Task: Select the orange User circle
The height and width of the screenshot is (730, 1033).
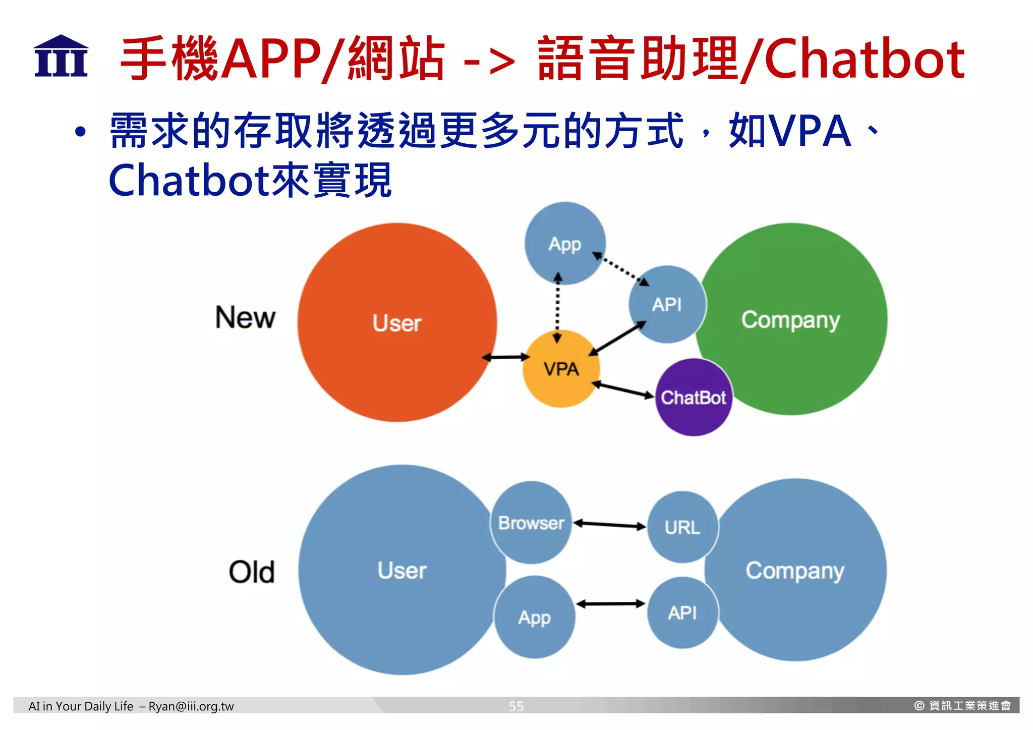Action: coord(397,323)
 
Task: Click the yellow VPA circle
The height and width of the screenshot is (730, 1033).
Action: coord(561,369)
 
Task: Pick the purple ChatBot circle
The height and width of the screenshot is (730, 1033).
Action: coord(693,398)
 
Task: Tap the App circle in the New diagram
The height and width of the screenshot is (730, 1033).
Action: coord(564,244)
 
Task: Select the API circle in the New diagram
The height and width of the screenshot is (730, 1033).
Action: coord(667,305)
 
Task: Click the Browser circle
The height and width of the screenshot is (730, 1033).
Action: coord(531,523)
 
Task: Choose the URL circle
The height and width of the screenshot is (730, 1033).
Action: coord(682,528)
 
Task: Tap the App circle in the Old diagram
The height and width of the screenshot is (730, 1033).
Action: coord(534,617)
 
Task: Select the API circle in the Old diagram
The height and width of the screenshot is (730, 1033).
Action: coord(682,613)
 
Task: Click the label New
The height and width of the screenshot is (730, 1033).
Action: coord(245,318)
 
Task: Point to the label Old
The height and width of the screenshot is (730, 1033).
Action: coord(251,572)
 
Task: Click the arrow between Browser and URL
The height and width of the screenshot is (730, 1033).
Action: coord(610,525)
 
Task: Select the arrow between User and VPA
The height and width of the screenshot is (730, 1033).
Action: coord(506,357)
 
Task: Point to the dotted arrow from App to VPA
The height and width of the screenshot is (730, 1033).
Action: coord(557,308)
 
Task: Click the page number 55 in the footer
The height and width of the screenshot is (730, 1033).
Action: coord(516,706)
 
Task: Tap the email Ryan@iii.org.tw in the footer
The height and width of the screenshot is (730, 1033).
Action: coord(191,706)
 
